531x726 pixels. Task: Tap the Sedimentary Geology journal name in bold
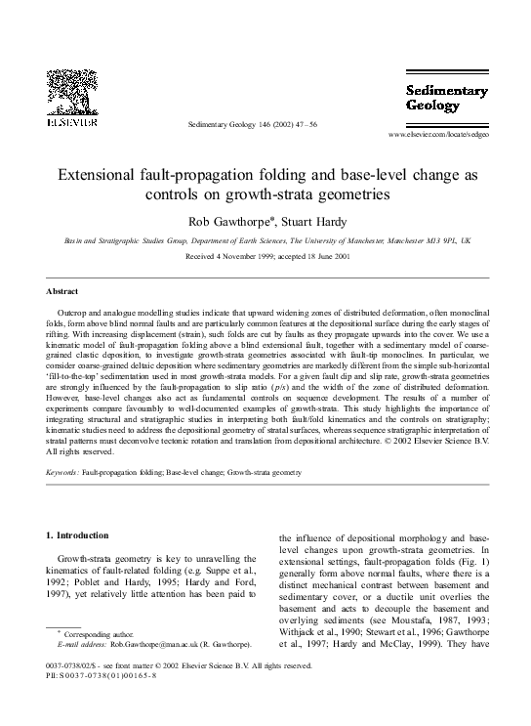pos(446,99)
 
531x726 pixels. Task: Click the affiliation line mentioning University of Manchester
pos(265,239)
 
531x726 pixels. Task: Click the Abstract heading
pos(62,291)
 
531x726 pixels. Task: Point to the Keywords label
pos(63,472)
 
